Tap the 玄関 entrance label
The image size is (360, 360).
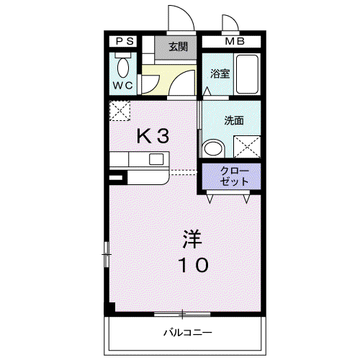[x=178, y=47]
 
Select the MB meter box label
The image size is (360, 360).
[x=235, y=41]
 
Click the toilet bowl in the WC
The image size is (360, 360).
[x=123, y=68]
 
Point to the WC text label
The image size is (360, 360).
[x=122, y=85]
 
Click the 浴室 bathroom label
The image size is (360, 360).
[x=220, y=73]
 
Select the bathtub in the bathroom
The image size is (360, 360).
[x=247, y=74]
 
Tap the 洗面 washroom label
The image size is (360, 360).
[x=234, y=120]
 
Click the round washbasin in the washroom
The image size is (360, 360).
[x=213, y=149]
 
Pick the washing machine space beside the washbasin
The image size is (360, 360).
[x=247, y=147]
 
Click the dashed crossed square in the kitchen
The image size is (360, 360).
[x=120, y=111]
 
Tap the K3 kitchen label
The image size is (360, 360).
[x=153, y=136]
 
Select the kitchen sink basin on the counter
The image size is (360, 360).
[x=156, y=159]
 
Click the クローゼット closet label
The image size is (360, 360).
[x=234, y=176]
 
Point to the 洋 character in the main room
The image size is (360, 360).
[x=192, y=239]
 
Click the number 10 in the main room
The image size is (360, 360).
[x=193, y=265]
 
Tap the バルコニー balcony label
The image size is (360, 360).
[x=188, y=333]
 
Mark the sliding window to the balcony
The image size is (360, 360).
[x=182, y=314]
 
